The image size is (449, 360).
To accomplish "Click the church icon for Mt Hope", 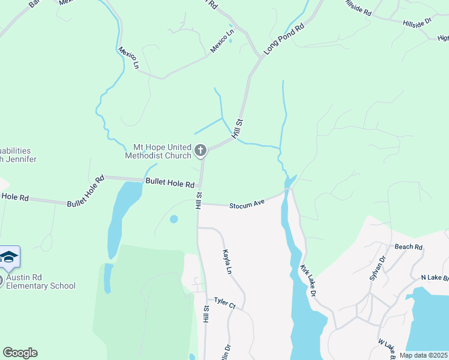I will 200,150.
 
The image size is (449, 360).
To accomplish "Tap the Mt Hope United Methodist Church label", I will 158,151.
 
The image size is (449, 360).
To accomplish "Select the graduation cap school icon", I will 9,257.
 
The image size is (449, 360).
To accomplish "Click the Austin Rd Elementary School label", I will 41,281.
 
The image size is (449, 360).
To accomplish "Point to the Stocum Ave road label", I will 247,205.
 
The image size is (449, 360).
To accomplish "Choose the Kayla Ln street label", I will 227,262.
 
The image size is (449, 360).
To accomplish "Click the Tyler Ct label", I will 225,304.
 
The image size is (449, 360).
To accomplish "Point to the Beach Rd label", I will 409,247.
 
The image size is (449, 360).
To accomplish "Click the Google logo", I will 20,353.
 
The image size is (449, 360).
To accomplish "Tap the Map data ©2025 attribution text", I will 423,355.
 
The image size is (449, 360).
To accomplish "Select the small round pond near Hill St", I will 174,219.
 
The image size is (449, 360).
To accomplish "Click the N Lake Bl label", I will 435,277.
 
